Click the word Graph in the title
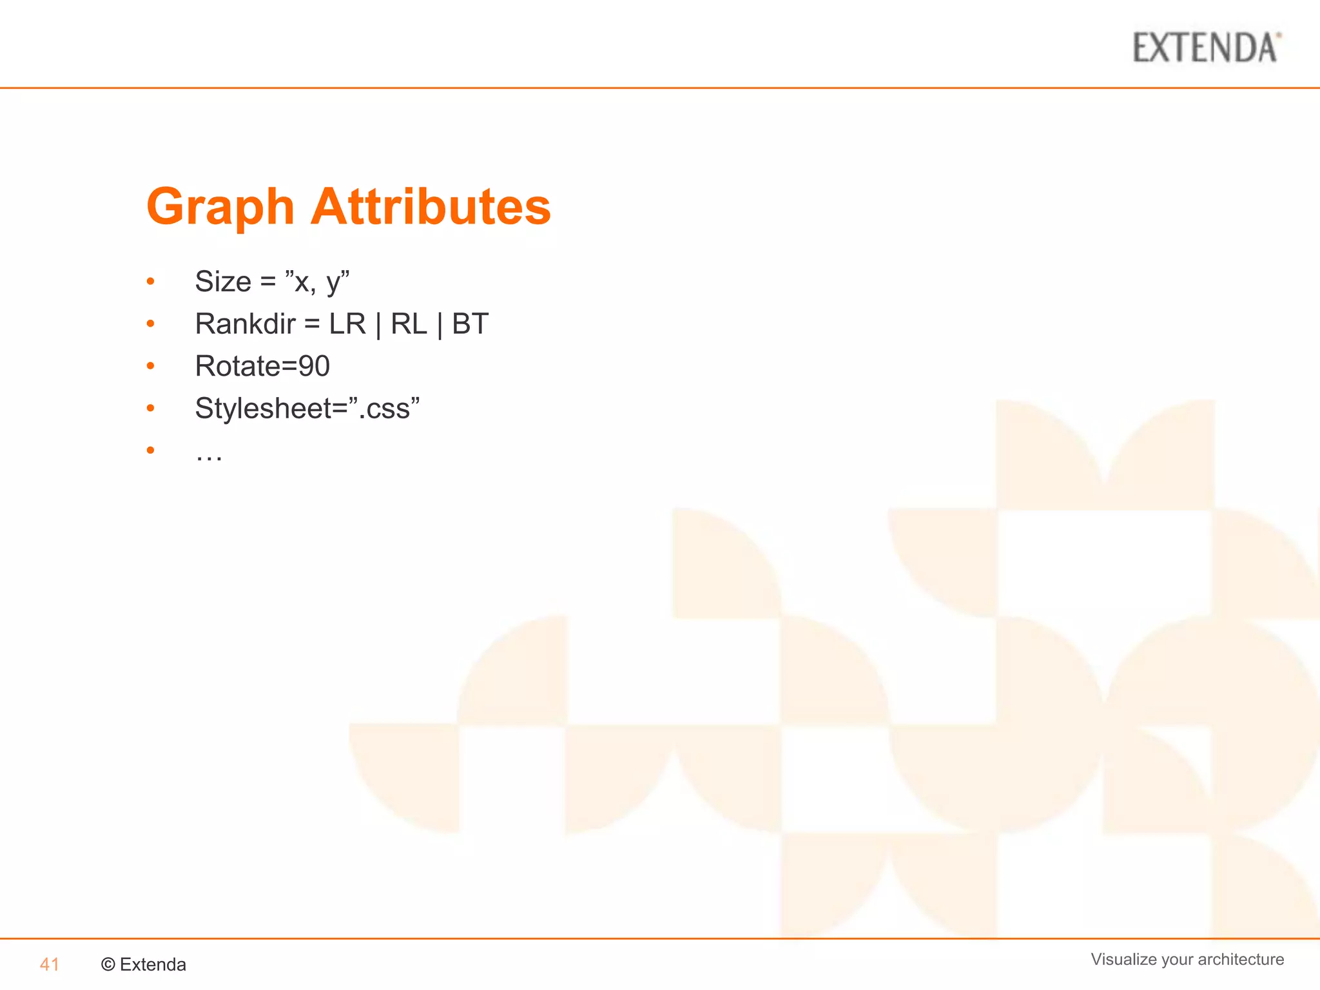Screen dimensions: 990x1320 (220, 207)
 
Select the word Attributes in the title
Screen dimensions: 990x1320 (431, 207)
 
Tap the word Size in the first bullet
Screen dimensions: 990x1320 (223, 282)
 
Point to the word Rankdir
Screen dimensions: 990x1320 (245, 324)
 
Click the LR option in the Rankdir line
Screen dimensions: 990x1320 (347, 324)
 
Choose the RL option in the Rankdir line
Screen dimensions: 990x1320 (409, 324)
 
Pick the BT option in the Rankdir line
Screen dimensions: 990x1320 (470, 324)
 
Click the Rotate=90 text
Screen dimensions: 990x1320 (262, 366)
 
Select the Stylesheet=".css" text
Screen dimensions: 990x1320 (307, 409)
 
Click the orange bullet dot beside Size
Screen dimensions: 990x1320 (151, 282)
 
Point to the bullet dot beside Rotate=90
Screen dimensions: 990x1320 (151, 366)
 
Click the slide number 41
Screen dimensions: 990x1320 (50, 964)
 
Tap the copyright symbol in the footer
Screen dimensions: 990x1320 (108, 964)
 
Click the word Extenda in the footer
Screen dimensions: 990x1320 (153, 964)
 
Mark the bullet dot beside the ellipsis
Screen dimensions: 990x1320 (151, 451)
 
